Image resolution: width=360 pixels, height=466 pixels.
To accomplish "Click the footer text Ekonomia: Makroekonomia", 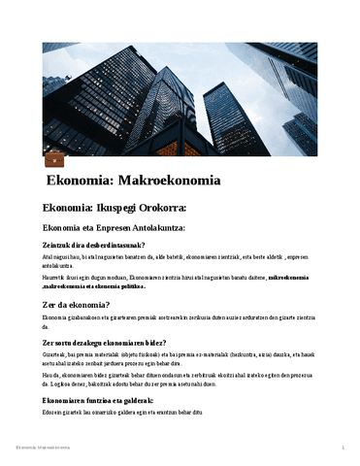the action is tap(47, 447).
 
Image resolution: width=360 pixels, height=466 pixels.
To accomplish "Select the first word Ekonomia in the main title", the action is tap(80, 181).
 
